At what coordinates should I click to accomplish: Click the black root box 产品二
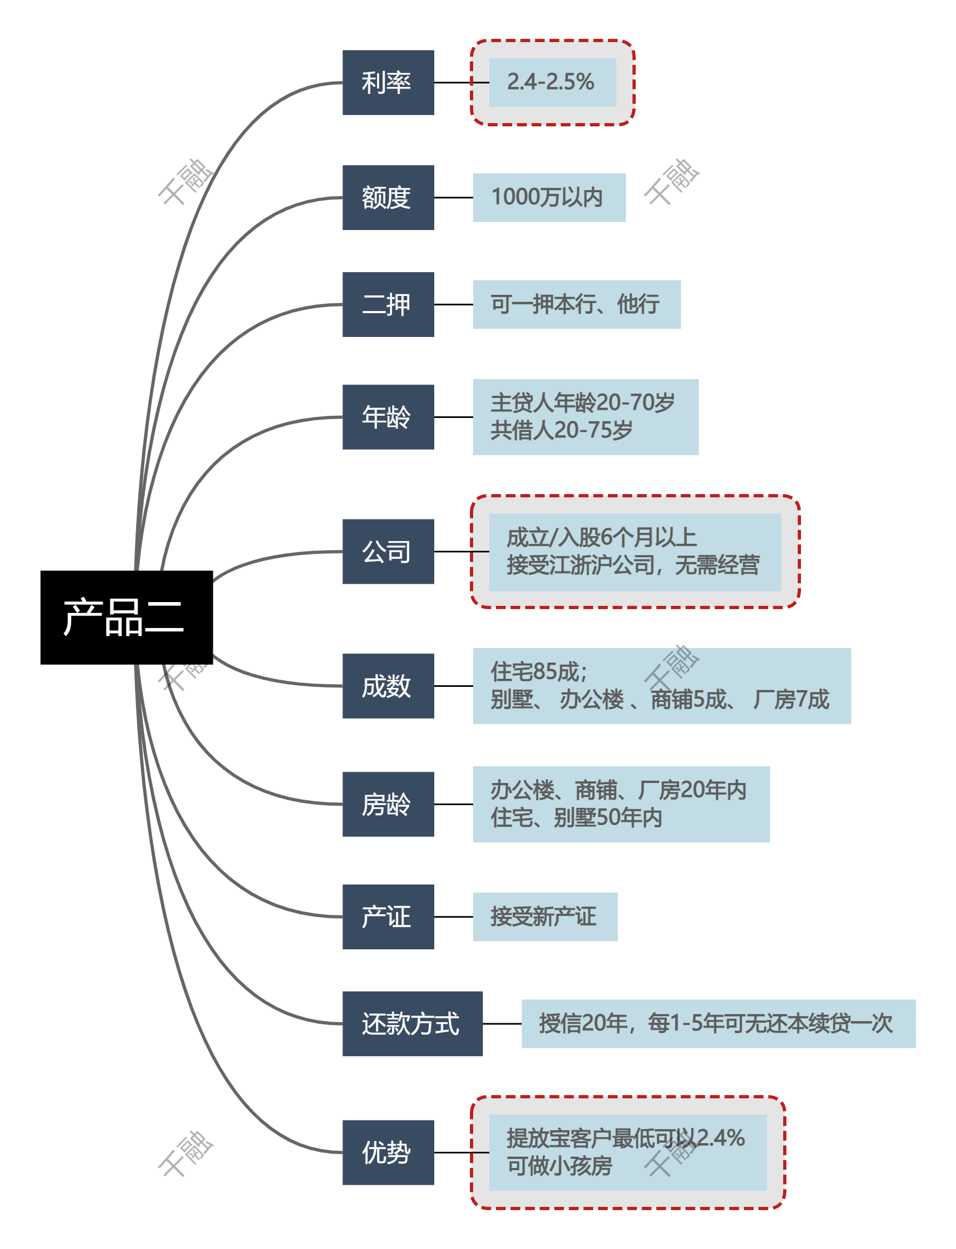tap(126, 617)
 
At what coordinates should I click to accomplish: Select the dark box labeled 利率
tap(388, 83)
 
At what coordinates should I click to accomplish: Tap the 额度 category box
tap(388, 197)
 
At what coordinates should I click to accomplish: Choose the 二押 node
tap(388, 305)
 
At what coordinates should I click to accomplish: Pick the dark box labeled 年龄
tap(388, 417)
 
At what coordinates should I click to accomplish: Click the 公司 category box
tap(388, 551)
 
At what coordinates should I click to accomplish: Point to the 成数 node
tap(388, 685)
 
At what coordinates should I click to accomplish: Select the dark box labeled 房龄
tap(388, 804)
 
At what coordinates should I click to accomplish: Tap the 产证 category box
tap(388, 916)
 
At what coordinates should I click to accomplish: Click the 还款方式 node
tap(412, 1023)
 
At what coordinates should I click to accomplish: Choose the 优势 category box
tap(388, 1152)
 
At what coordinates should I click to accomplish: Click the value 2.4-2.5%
tap(551, 83)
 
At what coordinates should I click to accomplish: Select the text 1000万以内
tap(548, 197)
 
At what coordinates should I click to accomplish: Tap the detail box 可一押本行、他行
tap(576, 305)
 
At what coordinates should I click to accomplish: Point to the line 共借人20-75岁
tap(561, 430)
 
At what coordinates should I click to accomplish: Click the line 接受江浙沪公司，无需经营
tap(633, 565)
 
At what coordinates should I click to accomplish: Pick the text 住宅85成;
tap(538, 672)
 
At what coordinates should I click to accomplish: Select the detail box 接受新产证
tap(544, 916)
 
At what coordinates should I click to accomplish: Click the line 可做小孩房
tap(560, 1166)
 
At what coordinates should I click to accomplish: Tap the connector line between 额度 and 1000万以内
tap(454, 197)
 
